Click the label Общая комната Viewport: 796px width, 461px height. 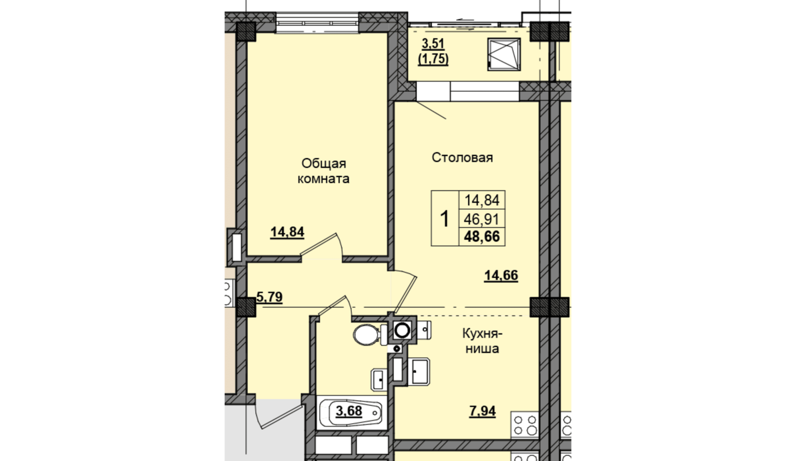click(x=323, y=171)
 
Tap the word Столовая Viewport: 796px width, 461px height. click(x=462, y=157)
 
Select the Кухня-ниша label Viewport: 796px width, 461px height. click(x=482, y=341)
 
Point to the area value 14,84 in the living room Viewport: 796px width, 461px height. click(x=287, y=232)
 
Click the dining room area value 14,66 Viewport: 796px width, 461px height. click(x=501, y=275)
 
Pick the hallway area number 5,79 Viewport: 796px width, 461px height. click(x=269, y=296)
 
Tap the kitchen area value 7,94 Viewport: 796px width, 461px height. click(x=482, y=411)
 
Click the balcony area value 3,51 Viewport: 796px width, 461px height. click(x=433, y=44)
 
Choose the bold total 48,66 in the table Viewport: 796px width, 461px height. click(x=482, y=236)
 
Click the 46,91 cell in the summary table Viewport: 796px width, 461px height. click(x=481, y=219)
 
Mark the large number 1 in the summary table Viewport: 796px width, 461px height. click(x=445, y=218)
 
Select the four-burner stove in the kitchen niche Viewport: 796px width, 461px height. click(x=525, y=425)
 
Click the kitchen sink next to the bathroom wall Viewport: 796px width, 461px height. click(x=419, y=372)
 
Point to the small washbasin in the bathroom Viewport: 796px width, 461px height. click(x=379, y=379)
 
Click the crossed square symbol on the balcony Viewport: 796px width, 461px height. click(x=504, y=54)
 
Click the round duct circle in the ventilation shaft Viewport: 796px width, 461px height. click(x=402, y=330)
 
